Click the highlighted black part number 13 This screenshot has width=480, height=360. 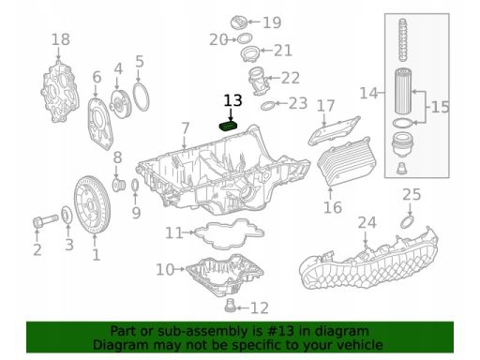[x=233, y=100]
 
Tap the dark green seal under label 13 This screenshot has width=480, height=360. [x=228, y=127]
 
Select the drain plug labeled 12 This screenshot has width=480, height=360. [x=230, y=306]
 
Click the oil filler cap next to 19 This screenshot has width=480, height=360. [x=239, y=22]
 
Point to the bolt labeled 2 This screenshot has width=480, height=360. [x=45, y=220]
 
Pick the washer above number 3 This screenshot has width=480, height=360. [x=67, y=215]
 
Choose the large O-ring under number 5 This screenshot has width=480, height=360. [x=141, y=97]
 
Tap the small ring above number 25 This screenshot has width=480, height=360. [x=407, y=221]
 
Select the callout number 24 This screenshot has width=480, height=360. [x=367, y=223]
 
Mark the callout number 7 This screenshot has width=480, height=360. [x=186, y=128]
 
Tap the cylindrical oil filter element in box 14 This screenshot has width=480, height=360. [x=403, y=92]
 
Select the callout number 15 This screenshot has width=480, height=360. [x=440, y=107]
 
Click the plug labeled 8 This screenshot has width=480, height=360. [x=119, y=185]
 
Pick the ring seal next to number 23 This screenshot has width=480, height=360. [x=267, y=106]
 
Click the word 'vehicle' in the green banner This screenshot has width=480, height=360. [x=365, y=345]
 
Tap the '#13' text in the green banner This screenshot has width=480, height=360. [x=280, y=331]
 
